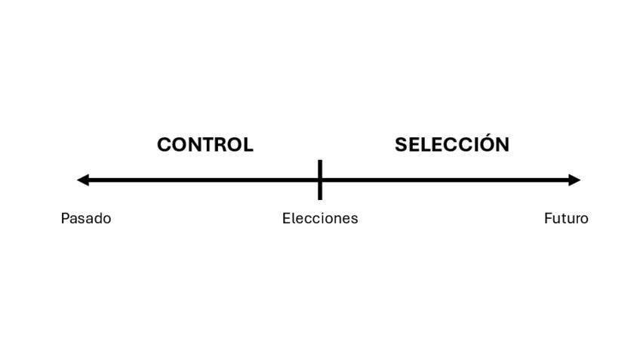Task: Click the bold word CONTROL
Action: pyautogui.click(x=205, y=145)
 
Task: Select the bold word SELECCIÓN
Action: pyautogui.click(x=452, y=143)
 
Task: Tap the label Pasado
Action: pyautogui.click(x=86, y=218)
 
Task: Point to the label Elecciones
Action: pyautogui.click(x=320, y=218)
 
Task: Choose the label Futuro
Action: pyautogui.click(x=566, y=218)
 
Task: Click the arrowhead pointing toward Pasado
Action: pyautogui.click(x=83, y=180)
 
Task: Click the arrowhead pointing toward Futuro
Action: pyautogui.click(x=574, y=180)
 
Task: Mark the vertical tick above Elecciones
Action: pyautogui.click(x=320, y=180)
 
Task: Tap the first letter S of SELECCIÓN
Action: pyautogui.click(x=401, y=145)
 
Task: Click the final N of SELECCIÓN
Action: pyautogui.click(x=503, y=145)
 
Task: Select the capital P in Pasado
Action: pyautogui.click(x=64, y=218)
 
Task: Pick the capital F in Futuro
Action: pyautogui.click(x=548, y=218)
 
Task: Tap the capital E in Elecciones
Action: pyautogui.click(x=286, y=218)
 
